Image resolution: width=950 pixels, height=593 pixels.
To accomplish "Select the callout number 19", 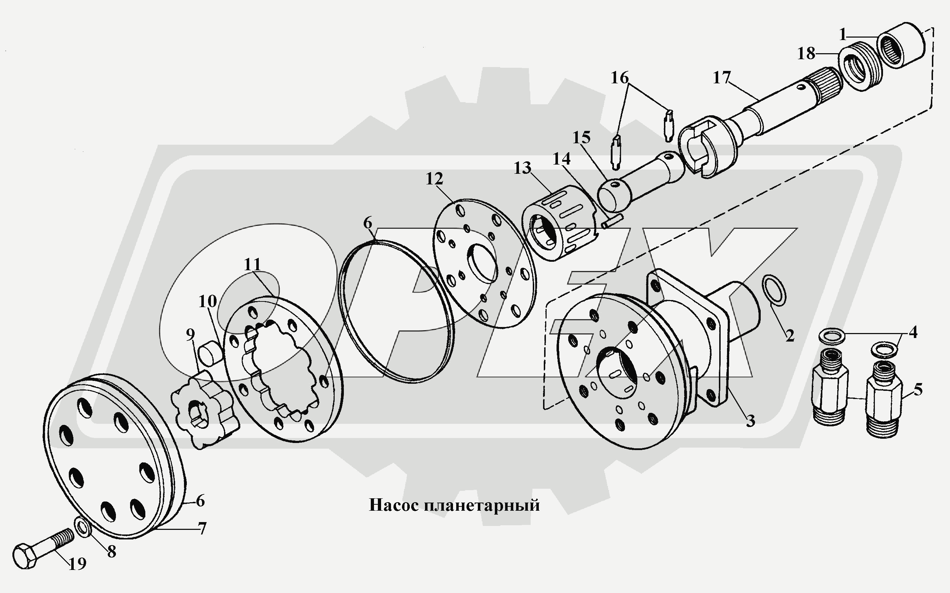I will coord(77,564).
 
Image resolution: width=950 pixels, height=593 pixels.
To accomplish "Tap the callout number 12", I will coord(434,179).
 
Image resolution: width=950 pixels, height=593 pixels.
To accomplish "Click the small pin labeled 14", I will coord(609,222).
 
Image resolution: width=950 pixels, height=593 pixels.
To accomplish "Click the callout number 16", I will coord(620,78).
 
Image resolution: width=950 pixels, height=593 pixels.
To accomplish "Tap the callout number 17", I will coord(721,78).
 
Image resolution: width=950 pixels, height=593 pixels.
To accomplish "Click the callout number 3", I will coord(750,421).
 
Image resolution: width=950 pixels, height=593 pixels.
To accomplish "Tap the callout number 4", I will coord(913,332).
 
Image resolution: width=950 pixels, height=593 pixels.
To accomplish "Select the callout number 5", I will coord(918,389).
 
